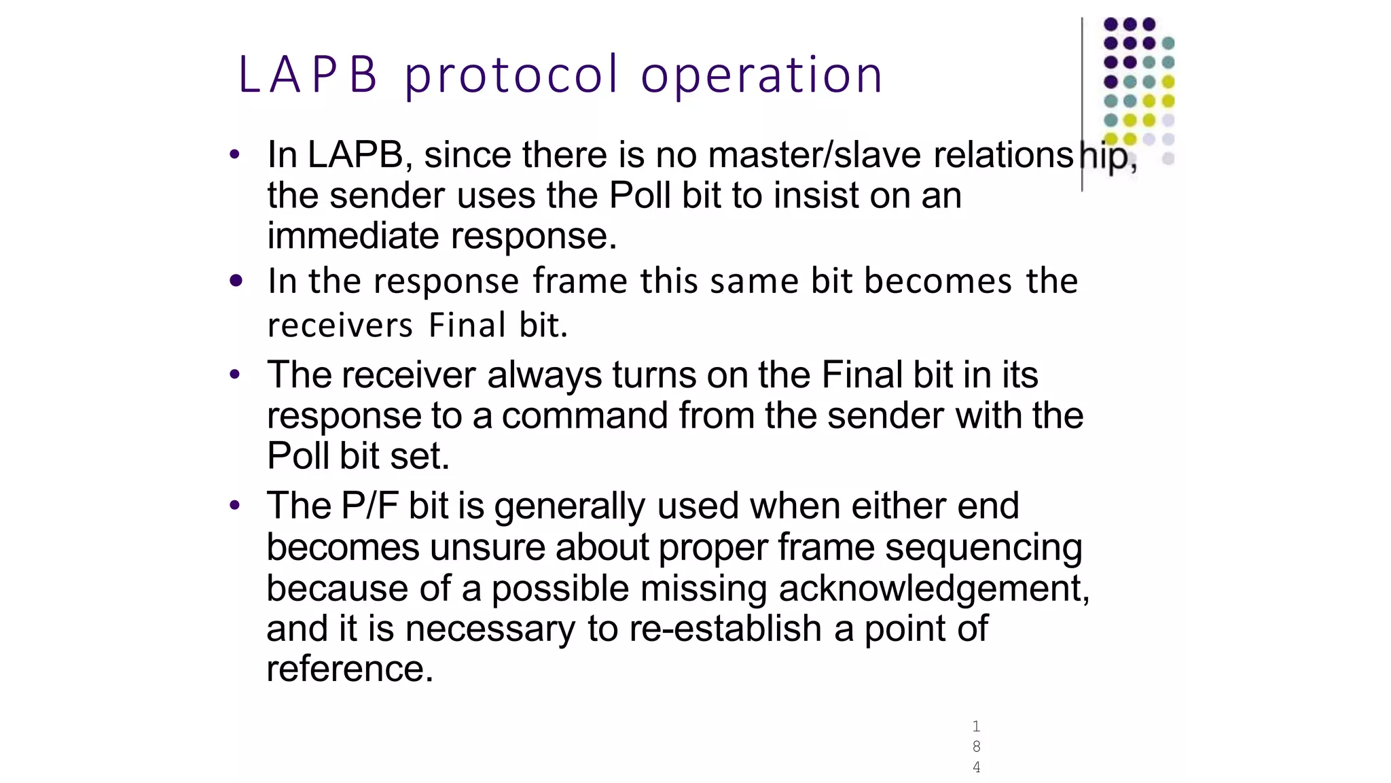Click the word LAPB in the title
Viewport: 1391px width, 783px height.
pyautogui.click(x=307, y=75)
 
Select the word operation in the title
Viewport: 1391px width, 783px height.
pyautogui.click(x=761, y=75)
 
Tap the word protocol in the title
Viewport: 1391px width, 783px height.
pyautogui.click(x=511, y=75)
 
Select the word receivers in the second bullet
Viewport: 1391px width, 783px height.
pyautogui.click(x=340, y=325)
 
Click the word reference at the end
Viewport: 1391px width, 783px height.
pyautogui.click(x=349, y=669)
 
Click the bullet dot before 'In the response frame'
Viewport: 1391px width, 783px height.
pyautogui.click(x=236, y=281)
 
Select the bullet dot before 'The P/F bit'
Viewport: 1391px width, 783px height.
pyautogui.click(x=235, y=506)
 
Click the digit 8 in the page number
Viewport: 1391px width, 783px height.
pyautogui.click(x=976, y=746)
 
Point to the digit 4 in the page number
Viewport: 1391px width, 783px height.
pyautogui.click(x=976, y=767)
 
